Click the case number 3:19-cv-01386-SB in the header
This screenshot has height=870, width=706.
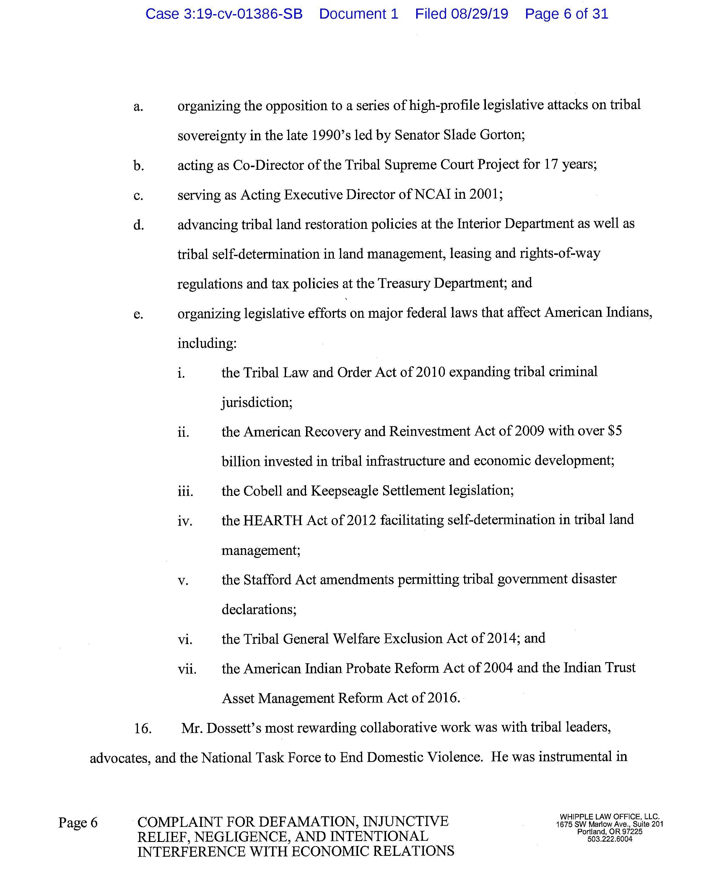click(x=243, y=14)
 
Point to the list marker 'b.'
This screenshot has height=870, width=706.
click(x=139, y=166)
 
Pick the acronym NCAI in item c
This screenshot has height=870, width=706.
click(x=432, y=194)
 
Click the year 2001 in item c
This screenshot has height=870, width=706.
click(x=484, y=194)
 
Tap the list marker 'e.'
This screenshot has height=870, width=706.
click(x=138, y=314)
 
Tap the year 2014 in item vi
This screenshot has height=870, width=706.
click(x=501, y=638)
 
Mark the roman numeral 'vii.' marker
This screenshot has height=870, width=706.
click(x=187, y=669)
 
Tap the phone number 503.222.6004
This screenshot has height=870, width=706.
click(x=610, y=839)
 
